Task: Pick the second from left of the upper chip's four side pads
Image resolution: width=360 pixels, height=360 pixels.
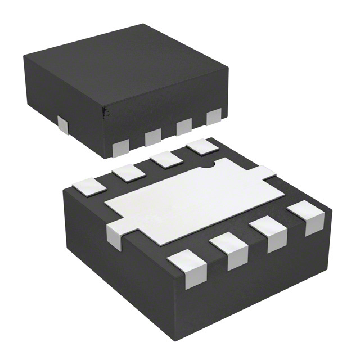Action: pos(152,137)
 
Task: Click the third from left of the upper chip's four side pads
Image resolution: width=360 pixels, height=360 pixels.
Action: pos(184,127)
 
